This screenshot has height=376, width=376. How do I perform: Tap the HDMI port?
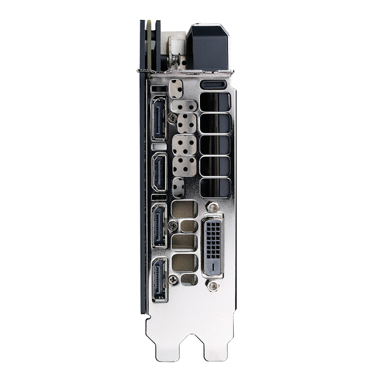(x=159, y=172)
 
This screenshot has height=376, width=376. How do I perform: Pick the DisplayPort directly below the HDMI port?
(x=159, y=225)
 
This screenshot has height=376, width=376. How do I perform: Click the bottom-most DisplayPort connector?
(x=159, y=279)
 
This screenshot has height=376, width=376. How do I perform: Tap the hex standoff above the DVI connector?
(x=213, y=207)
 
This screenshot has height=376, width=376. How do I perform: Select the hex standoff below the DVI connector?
(x=213, y=286)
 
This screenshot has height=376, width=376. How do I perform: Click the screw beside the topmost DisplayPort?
(x=172, y=117)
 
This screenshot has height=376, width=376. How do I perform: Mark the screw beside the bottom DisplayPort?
(x=172, y=279)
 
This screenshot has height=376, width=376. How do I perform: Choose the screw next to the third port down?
(x=172, y=225)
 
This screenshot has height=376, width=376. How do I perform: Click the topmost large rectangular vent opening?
(x=215, y=102)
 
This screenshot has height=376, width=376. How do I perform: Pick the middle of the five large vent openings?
(x=215, y=145)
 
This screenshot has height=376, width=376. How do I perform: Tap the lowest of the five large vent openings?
(x=215, y=187)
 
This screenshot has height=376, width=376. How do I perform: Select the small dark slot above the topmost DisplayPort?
(x=159, y=88)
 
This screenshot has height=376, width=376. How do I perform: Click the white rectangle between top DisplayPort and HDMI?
(x=159, y=146)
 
